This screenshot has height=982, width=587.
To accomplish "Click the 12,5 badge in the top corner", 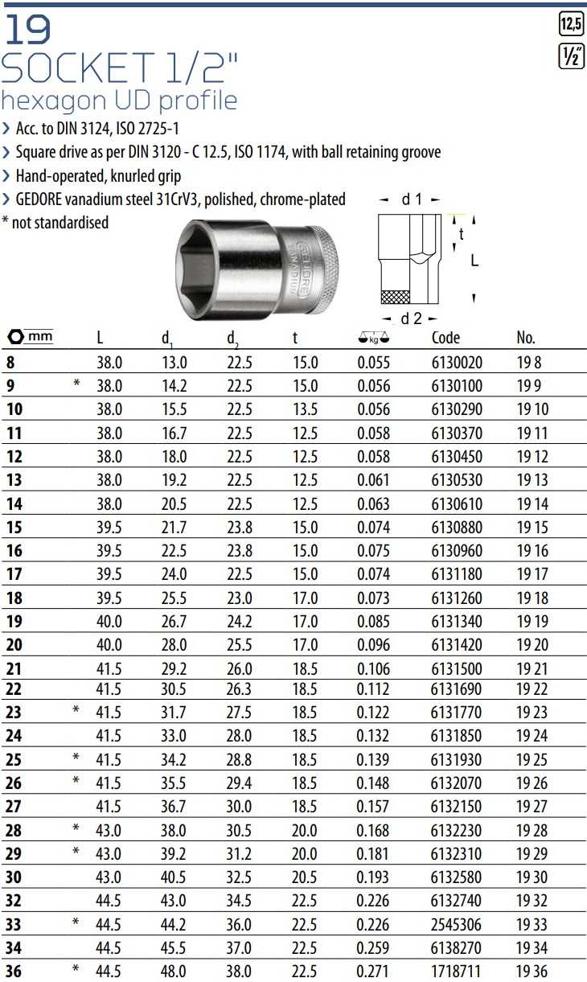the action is (571, 23).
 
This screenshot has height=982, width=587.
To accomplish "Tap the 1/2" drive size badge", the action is (571, 56).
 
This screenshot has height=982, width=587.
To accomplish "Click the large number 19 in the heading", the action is (28, 30).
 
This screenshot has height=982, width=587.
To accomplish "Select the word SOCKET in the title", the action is (78, 67).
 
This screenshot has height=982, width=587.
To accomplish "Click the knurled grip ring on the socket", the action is (323, 269).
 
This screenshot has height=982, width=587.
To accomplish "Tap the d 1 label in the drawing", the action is (411, 199).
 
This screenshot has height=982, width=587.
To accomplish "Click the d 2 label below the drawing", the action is (411, 318).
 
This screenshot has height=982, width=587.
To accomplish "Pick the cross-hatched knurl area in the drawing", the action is (396, 298).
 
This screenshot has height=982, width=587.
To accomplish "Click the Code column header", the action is (445, 338).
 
